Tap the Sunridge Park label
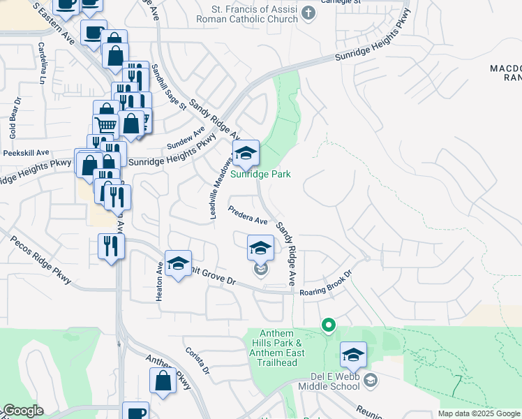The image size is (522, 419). click(261, 175)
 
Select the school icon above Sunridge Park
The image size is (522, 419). click(246, 153)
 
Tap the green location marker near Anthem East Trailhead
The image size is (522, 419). click(327, 325)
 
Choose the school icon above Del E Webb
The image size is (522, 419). click(353, 355)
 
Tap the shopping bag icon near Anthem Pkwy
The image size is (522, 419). click(163, 381)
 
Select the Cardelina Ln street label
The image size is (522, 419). click(43, 64)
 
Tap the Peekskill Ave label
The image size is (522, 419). click(27, 152)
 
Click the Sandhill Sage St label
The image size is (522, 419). click(170, 87)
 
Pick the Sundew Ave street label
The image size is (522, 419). click(186, 137)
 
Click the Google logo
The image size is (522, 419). click(22, 411)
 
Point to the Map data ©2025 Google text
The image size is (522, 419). click(479, 413)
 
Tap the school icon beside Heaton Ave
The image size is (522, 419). click(178, 263)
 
